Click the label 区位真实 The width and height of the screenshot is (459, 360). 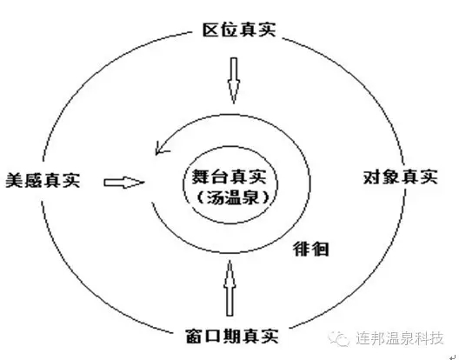pyautogui.click(x=239, y=30)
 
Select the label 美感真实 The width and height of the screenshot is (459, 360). pyautogui.click(x=43, y=180)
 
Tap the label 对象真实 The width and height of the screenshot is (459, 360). pyautogui.click(x=401, y=177)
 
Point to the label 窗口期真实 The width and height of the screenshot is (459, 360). pyautogui.click(x=232, y=336)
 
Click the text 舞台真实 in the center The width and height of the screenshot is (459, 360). pyautogui.click(x=229, y=177)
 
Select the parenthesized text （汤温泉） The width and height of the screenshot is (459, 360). pyautogui.click(x=233, y=197)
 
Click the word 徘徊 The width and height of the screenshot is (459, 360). pyautogui.click(x=311, y=250)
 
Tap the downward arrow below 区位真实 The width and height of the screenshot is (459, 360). pyautogui.click(x=234, y=81)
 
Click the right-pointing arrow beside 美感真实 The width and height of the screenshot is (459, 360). pyautogui.click(x=124, y=183)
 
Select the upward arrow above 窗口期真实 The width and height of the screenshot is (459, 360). pyautogui.click(x=229, y=288)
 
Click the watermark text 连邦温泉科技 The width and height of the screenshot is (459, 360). pyautogui.click(x=400, y=338)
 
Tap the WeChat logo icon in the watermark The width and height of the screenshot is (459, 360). pyautogui.click(x=339, y=339)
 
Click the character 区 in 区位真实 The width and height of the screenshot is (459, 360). pyautogui.click(x=211, y=30)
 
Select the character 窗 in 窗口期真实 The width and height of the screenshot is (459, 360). pyautogui.click(x=195, y=336)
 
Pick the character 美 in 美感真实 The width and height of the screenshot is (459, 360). pyautogui.click(x=15, y=180)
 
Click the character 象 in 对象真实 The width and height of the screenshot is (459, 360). pyautogui.click(x=391, y=177)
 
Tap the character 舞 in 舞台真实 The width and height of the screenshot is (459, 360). pyautogui.click(x=201, y=177)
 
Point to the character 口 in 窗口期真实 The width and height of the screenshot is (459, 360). pyautogui.click(x=213, y=337)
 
